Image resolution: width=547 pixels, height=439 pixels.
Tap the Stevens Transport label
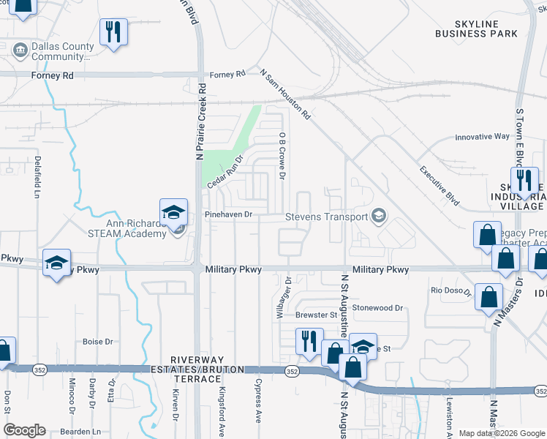326,216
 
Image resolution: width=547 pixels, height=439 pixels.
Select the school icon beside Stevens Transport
379,215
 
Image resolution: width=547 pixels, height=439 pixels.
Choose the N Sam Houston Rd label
286,94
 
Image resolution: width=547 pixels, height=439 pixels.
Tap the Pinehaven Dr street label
228,214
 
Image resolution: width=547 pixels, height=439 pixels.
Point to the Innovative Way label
482,137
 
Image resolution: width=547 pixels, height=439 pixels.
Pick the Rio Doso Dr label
448,290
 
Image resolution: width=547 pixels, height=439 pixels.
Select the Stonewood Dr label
377,308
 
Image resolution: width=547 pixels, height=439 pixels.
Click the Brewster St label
315,315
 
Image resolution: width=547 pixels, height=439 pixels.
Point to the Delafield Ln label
36,176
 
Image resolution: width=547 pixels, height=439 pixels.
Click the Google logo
24,429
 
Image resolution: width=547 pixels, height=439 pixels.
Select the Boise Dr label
97,342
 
